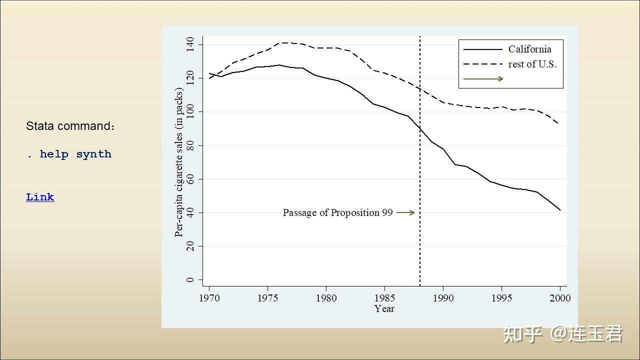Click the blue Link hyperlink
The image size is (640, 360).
pyautogui.click(x=40, y=197)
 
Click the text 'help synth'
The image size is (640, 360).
pyautogui.click(x=75, y=154)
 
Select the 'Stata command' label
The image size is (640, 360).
pyautogui.click(x=70, y=126)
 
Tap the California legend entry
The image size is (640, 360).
pyautogui.click(x=529, y=49)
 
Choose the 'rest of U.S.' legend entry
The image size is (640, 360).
pyautogui.click(x=532, y=64)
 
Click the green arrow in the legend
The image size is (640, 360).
pyautogui.click(x=483, y=78)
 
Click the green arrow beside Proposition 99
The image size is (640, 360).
pyautogui.click(x=405, y=212)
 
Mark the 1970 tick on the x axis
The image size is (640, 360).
pyautogui.click(x=209, y=298)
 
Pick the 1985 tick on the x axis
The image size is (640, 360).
pyautogui.click(x=384, y=298)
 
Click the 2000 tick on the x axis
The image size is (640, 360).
pyautogui.click(x=560, y=298)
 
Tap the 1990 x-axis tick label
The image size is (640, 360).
pyautogui.click(x=443, y=298)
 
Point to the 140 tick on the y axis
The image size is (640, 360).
pyautogui.click(x=190, y=44)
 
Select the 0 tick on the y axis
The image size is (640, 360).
pyautogui.click(x=190, y=280)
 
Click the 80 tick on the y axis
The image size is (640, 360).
pyautogui.click(x=190, y=145)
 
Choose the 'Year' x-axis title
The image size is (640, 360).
pyautogui.click(x=384, y=309)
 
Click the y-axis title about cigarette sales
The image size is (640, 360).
pyautogui.click(x=179, y=162)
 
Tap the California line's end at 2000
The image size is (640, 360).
pyautogui.click(x=560, y=210)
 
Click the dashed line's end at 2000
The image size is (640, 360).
pyautogui.click(x=558, y=123)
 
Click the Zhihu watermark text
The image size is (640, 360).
pyautogui.click(x=562, y=334)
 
